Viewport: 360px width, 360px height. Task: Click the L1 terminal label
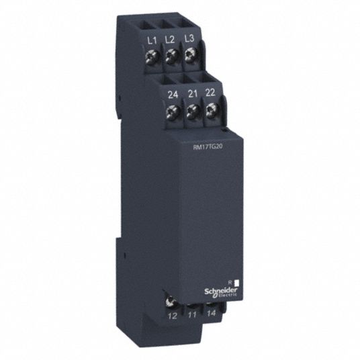click(x=152, y=41)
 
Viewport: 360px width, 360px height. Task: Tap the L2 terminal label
click(x=170, y=40)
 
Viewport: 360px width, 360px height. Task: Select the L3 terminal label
click(x=189, y=38)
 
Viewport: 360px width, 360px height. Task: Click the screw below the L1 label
click(x=153, y=56)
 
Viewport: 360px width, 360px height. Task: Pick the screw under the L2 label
click(x=171, y=56)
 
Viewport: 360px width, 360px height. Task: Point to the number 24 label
click(x=173, y=94)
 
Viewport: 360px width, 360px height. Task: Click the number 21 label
click(x=192, y=93)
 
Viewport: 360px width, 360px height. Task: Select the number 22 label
click(x=210, y=92)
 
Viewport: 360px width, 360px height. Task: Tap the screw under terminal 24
click(x=173, y=111)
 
